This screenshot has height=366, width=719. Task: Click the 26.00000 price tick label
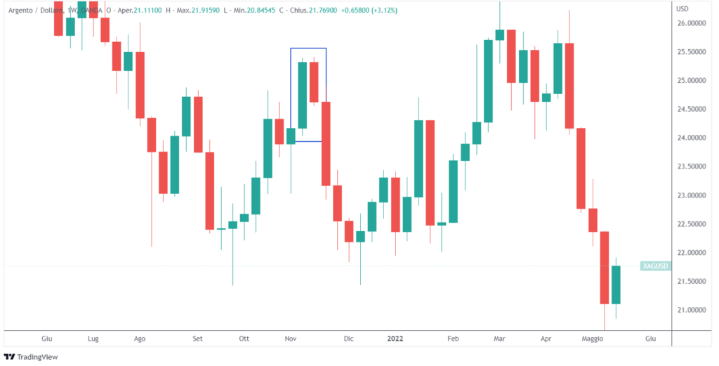692,23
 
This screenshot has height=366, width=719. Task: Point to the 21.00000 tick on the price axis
692,310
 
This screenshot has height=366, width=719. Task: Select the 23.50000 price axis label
692,166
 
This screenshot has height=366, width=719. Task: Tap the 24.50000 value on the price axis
692,109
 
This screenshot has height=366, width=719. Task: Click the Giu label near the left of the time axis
48,339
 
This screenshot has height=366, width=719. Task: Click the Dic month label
348,339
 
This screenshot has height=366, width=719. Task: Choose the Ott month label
244,339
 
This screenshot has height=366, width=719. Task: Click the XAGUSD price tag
656,266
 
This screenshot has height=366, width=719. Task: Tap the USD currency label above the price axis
682,8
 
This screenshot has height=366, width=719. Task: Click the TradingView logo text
38,357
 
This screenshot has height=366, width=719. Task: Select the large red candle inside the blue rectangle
314,82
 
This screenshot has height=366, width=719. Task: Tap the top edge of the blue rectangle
308,48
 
